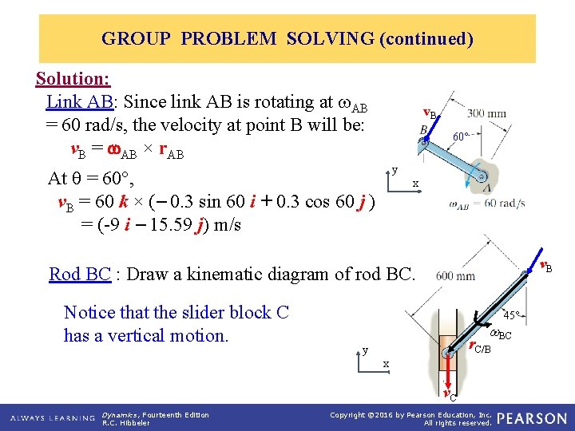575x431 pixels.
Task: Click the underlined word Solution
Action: (73, 79)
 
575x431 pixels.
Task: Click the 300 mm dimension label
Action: (486, 113)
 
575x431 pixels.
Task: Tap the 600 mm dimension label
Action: (456, 276)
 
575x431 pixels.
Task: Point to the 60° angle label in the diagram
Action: (461, 136)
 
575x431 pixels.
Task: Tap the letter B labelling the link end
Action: (422, 130)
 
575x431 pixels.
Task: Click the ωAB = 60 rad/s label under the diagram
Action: (487, 204)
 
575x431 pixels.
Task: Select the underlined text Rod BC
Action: (79, 275)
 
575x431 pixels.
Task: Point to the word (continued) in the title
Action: (426, 38)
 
